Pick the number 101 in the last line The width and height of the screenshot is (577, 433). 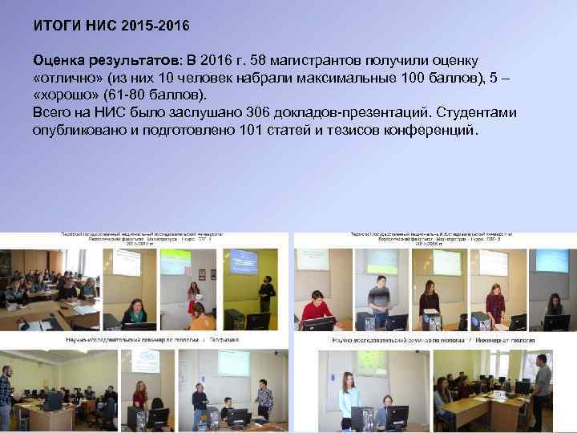coord(253,130)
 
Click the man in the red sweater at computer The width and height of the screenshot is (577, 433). coord(316,309)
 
